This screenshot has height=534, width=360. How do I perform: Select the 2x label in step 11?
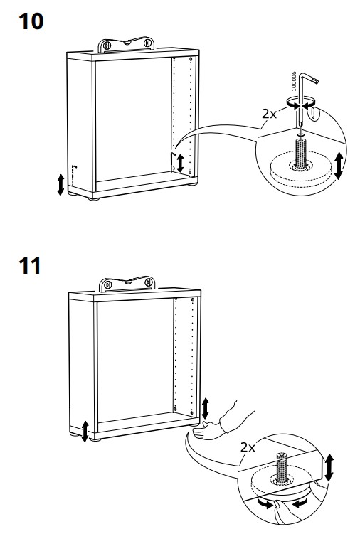click(248, 447)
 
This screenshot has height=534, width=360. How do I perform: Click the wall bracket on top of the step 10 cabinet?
click(129, 45)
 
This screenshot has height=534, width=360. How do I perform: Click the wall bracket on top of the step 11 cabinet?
click(129, 284)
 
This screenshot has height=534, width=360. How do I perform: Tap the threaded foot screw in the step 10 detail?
click(300, 154)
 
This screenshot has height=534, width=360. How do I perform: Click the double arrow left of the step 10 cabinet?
click(60, 185)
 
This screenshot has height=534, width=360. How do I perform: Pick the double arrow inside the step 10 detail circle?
click(339, 164)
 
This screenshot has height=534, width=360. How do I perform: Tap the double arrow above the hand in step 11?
click(206, 408)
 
